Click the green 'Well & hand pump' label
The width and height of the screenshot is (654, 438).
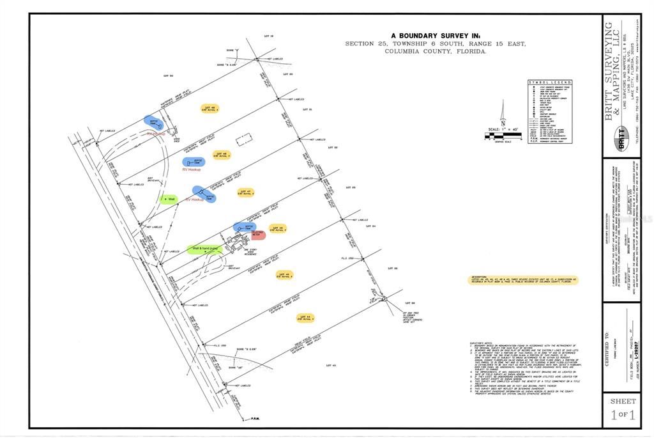(x=205, y=249)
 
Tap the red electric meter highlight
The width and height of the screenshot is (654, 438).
(x=258, y=235)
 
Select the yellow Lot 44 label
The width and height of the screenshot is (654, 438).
(x=306, y=317)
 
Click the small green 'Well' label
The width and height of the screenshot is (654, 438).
(x=169, y=199)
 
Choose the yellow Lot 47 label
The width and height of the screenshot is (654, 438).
(x=246, y=192)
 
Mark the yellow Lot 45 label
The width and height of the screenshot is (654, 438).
(x=285, y=275)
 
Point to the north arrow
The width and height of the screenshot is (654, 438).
(x=503, y=115)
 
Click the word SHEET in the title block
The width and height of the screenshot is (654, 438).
(x=623, y=401)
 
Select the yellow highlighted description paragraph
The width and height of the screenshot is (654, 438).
(x=522, y=281)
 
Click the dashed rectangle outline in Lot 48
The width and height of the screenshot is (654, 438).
(x=242, y=140)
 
